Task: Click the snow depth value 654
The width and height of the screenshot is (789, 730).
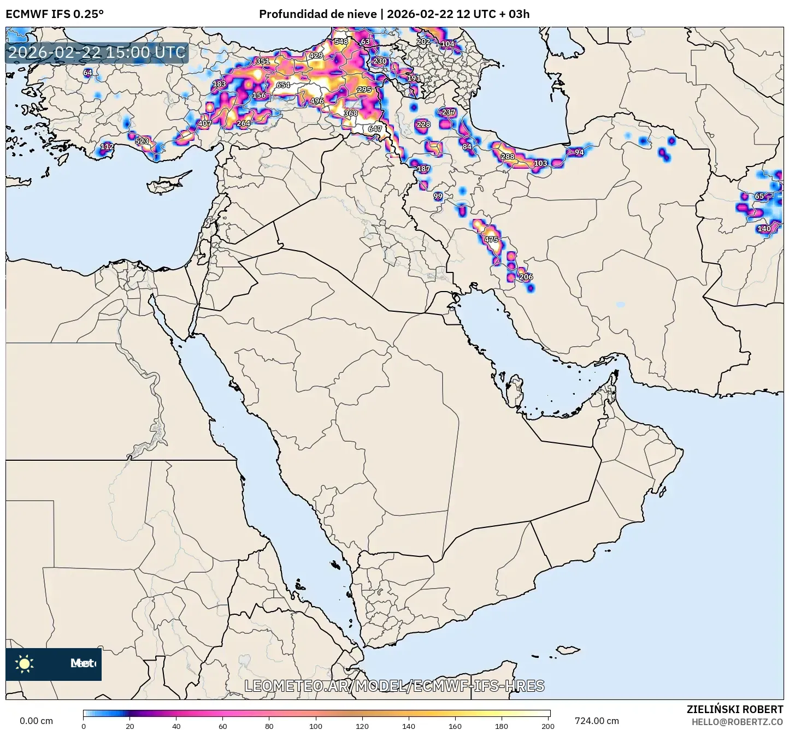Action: tap(282, 85)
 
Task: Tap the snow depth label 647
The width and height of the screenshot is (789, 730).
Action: tap(375, 129)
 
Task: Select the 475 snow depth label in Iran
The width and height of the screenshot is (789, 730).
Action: tap(491, 240)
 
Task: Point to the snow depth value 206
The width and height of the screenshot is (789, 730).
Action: tap(526, 277)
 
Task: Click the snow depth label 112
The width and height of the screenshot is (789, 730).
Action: tap(107, 146)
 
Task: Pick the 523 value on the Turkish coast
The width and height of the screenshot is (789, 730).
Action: tap(142, 141)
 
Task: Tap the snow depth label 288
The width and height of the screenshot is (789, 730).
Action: tap(508, 157)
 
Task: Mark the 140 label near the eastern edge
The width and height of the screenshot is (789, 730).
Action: tap(764, 229)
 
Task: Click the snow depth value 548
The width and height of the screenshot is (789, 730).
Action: tap(341, 41)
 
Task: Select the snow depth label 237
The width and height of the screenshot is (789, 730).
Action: tap(448, 112)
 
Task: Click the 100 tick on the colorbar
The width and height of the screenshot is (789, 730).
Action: tap(316, 726)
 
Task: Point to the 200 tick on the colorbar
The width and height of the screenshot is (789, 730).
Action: tap(547, 726)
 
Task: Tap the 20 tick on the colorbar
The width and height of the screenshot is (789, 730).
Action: tap(129, 726)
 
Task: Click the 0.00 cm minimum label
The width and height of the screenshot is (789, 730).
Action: tap(36, 721)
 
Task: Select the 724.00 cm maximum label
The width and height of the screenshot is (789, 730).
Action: tap(597, 721)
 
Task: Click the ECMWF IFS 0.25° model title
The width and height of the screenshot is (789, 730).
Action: tap(55, 14)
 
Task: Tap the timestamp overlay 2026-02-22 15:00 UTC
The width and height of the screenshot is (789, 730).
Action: tap(97, 52)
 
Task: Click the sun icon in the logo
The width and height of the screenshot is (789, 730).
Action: tap(25, 664)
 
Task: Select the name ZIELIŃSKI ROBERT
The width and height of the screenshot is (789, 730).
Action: tap(734, 709)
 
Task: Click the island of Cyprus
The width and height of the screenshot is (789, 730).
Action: tap(167, 183)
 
